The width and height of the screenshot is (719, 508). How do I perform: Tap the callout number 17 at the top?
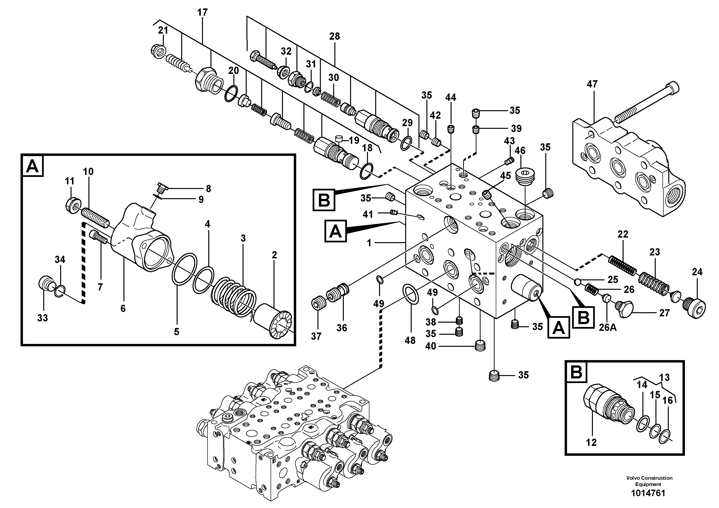click(x=202, y=13)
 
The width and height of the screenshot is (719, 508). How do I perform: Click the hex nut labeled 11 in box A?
click(x=73, y=206)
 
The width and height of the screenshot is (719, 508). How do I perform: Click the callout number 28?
click(x=334, y=36)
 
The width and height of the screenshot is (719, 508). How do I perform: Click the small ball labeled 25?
click(x=577, y=282)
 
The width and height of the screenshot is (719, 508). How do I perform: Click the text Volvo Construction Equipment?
click(x=649, y=480)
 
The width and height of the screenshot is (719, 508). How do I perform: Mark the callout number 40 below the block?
click(x=431, y=346)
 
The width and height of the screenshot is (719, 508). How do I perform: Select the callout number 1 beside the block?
click(x=369, y=243)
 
